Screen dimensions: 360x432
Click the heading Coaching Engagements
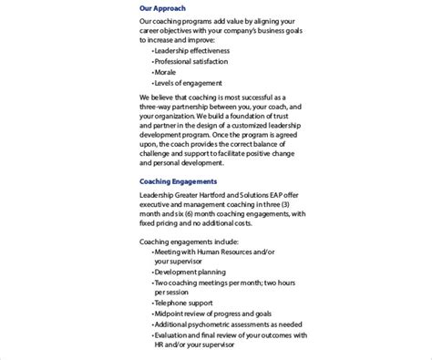pos(179,181)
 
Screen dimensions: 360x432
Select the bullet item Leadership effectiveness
pos(196,50)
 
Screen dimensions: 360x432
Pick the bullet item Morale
pos(167,73)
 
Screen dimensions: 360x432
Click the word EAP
pos(291,195)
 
